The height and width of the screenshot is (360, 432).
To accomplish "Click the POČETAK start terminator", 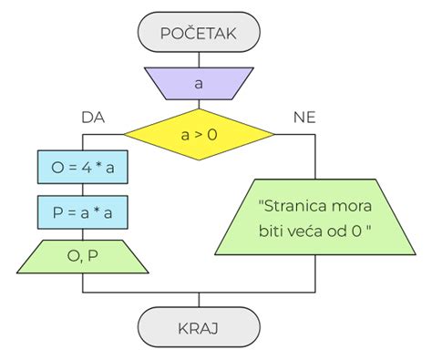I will coord(199,34).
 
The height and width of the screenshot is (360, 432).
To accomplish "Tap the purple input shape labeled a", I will coord(199,84).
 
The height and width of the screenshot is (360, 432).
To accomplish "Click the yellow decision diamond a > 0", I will coord(199,135).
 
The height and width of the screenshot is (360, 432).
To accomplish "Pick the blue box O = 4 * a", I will coord(81,168).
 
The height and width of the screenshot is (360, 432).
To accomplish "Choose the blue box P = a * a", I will coord(81,214).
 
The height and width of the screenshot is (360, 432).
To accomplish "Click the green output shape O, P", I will coord(81,257).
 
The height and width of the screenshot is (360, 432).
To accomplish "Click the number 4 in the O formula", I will coord(85,168).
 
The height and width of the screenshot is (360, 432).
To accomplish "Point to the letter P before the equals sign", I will coord(57,214).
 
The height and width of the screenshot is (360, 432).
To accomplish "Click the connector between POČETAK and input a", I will coord(199,58).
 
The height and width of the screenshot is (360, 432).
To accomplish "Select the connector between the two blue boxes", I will coord(81,190).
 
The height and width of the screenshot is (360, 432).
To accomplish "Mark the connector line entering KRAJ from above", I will coord(199,300).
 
